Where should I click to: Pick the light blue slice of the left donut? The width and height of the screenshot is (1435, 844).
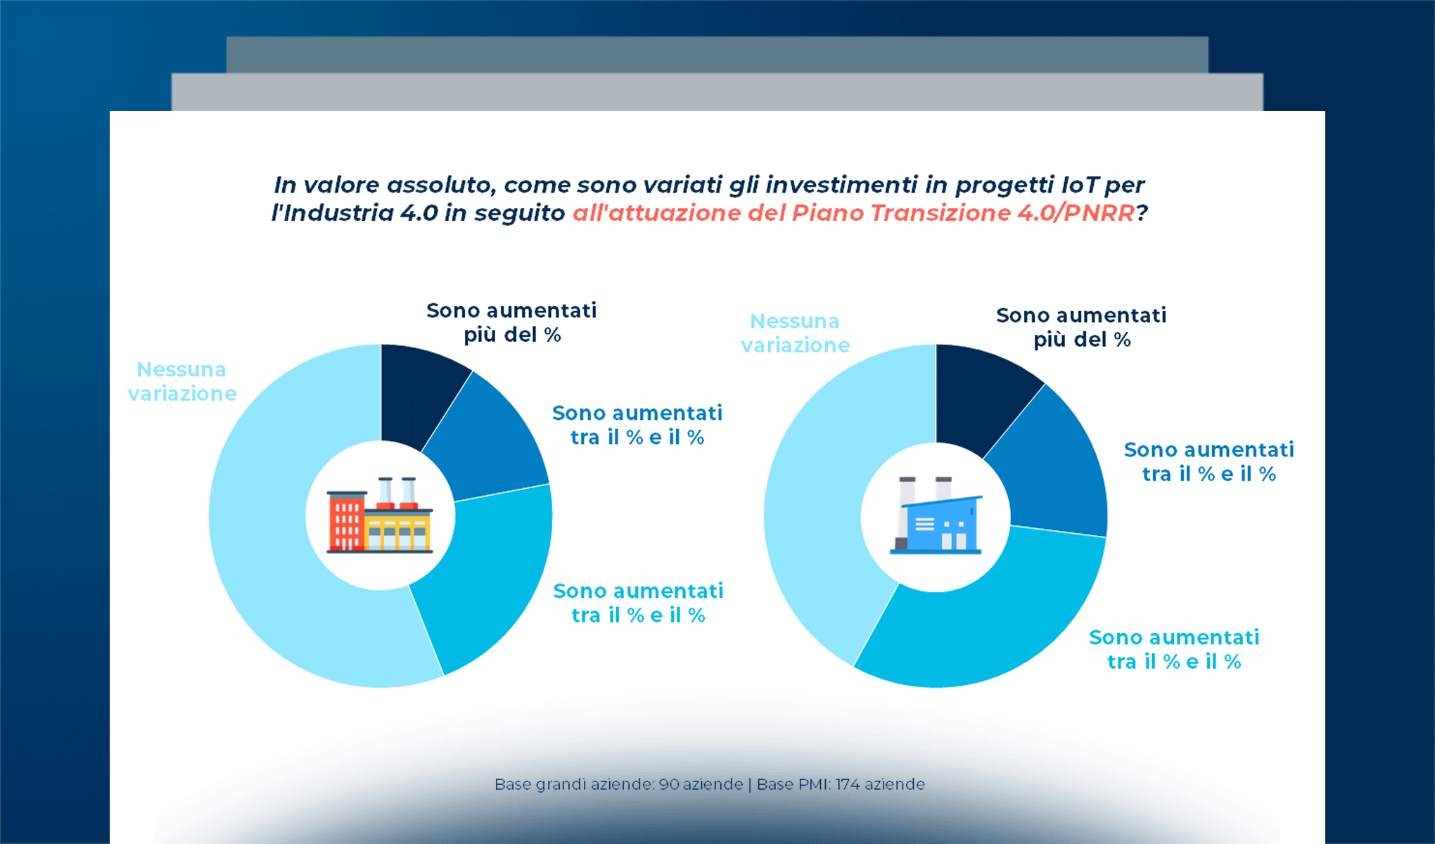281,563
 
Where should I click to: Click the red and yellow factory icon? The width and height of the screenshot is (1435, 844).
380,517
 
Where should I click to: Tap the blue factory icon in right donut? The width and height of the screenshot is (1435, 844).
936,517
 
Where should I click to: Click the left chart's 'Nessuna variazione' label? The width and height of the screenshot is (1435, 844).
181,381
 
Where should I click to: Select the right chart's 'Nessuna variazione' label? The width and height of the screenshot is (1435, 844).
795,333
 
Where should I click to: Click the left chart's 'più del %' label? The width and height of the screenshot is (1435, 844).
512,335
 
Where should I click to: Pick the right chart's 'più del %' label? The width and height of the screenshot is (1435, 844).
1082,340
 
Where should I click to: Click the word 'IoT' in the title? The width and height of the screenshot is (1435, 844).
1079,185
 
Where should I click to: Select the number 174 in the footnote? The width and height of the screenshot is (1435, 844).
847,784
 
